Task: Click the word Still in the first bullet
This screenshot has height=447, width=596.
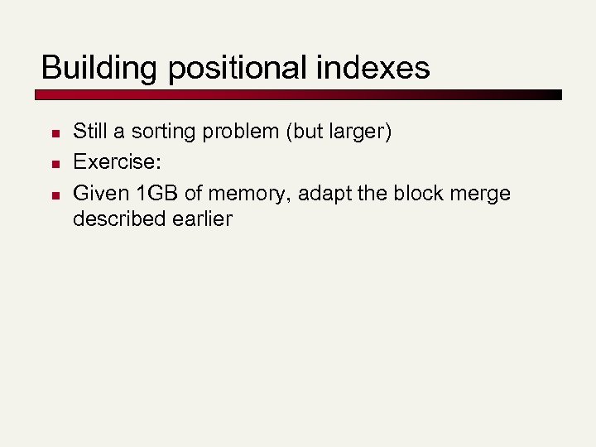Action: coord(90,131)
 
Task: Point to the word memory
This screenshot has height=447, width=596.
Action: coord(247,194)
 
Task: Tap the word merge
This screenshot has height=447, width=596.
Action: coord(479,194)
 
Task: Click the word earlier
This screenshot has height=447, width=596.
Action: coord(202,219)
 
